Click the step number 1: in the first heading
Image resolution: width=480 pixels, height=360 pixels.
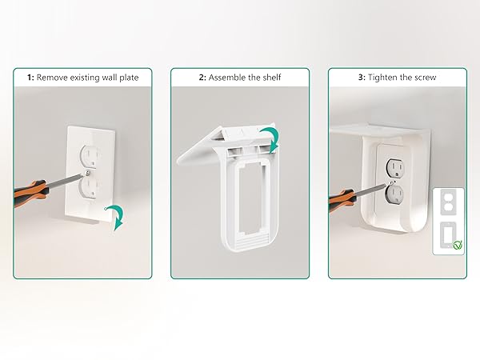[x=30, y=78]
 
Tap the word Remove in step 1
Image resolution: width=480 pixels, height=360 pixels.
[x=52, y=78]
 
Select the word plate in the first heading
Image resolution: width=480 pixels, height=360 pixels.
[x=129, y=78]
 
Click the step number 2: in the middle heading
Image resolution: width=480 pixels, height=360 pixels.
[x=202, y=78]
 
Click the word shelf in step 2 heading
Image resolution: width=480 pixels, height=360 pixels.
[x=271, y=78]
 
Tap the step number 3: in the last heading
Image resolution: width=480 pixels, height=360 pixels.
[x=362, y=78]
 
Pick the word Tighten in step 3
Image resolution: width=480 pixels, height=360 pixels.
[x=382, y=78]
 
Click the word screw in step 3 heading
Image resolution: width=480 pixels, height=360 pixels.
[x=425, y=78]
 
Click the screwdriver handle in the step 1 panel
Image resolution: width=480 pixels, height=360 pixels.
[x=30, y=192]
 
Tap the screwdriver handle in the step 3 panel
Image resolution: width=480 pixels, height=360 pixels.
[x=342, y=200]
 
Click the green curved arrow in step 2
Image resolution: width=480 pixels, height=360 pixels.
[x=270, y=139]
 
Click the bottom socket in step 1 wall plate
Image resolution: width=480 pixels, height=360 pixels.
[x=89, y=188]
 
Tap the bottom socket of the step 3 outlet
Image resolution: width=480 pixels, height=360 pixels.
[x=395, y=194]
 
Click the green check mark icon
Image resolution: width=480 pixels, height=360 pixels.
[x=458, y=245]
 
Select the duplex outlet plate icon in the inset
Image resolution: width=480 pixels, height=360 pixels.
[x=448, y=202]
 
